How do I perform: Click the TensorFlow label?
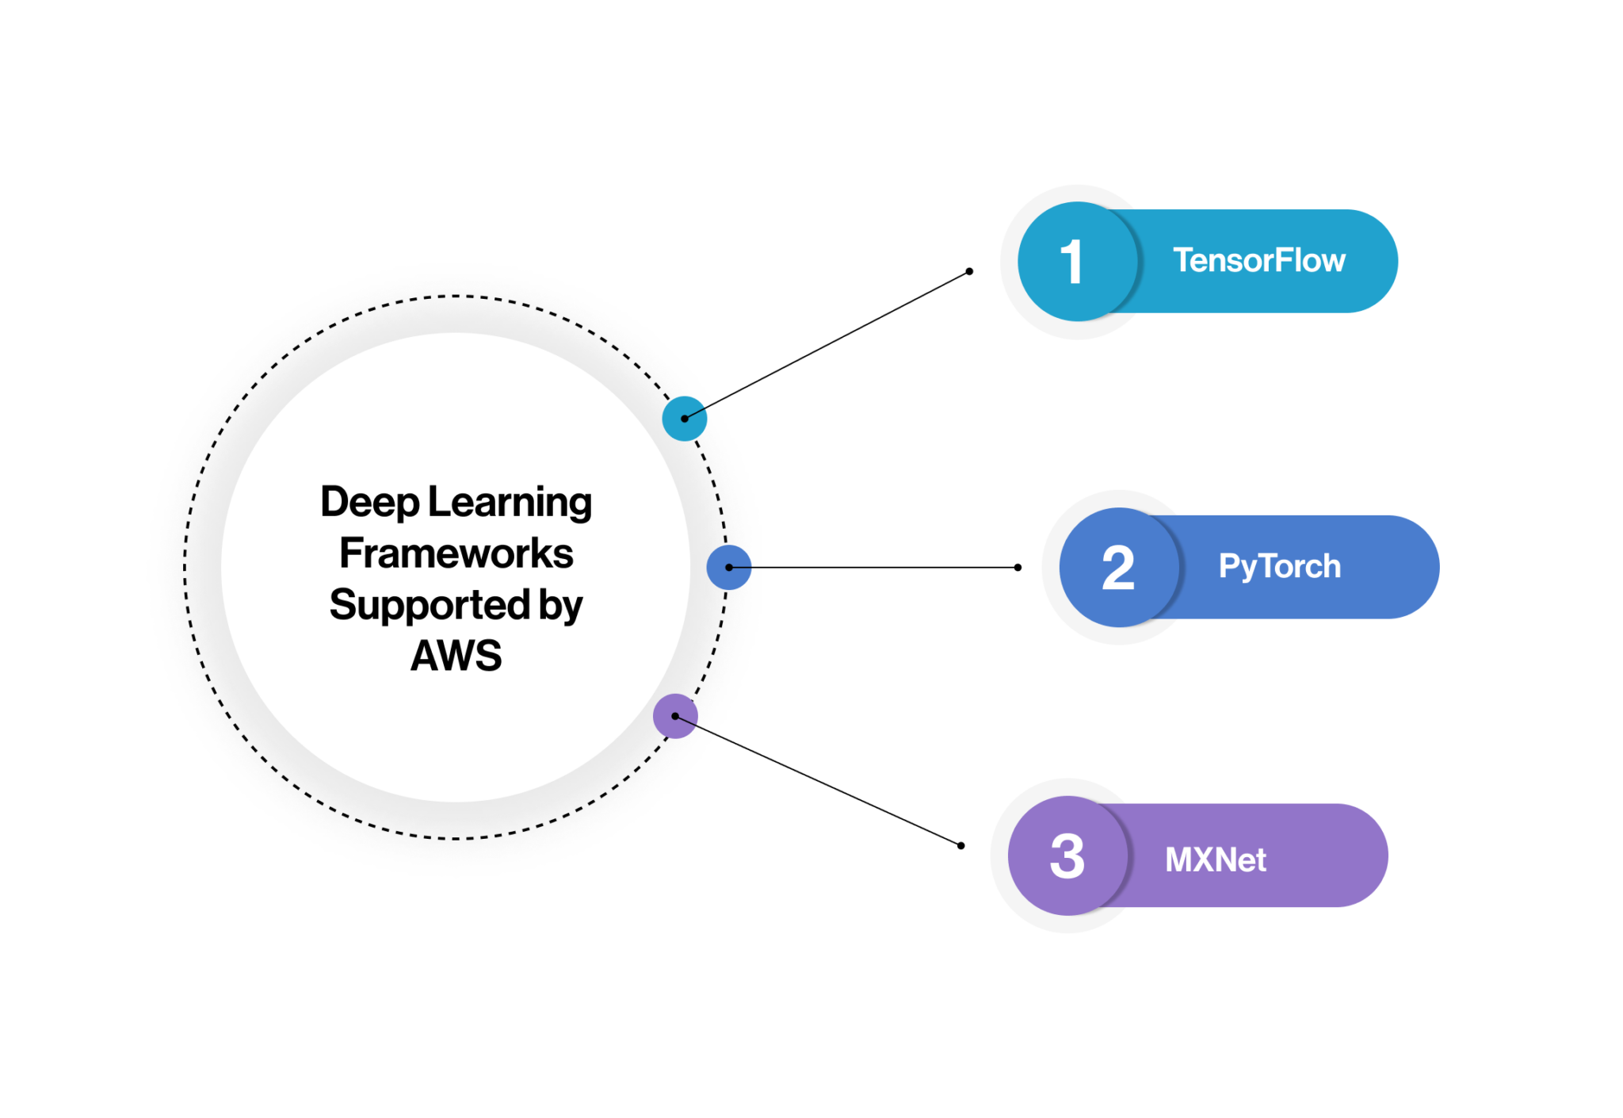point(1258,261)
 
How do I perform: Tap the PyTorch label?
point(1279,567)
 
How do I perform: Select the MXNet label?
point(1215,860)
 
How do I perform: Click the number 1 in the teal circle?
point(1071,262)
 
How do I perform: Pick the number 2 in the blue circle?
point(1117,569)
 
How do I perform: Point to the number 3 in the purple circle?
point(1067,856)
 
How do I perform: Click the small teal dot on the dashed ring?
point(684,419)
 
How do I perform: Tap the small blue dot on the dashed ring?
point(728,567)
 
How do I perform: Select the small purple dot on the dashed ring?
point(674,716)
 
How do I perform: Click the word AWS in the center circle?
point(456,656)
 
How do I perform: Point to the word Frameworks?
point(456,553)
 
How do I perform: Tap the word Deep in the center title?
point(369,503)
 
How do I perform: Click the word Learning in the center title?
point(510,503)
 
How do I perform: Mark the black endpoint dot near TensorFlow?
point(969,271)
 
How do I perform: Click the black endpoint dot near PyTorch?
point(1018,568)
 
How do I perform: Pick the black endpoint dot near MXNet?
point(960,845)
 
